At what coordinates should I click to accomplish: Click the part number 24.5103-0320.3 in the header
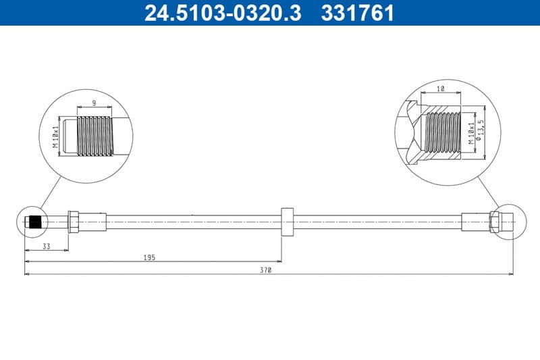pyautogui.click(x=223, y=13)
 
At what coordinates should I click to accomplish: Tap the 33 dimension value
pyautogui.click(x=46, y=247)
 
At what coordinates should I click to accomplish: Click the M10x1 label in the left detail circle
pyautogui.click(x=57, y=137)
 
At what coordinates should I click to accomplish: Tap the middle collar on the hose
pyautogui.click(x=287, y=222)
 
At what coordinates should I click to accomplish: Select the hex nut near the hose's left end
pyautogui.click(x=74, y=222)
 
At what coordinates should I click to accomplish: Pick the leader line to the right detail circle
pyautogui.click(x=489, y=192)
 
